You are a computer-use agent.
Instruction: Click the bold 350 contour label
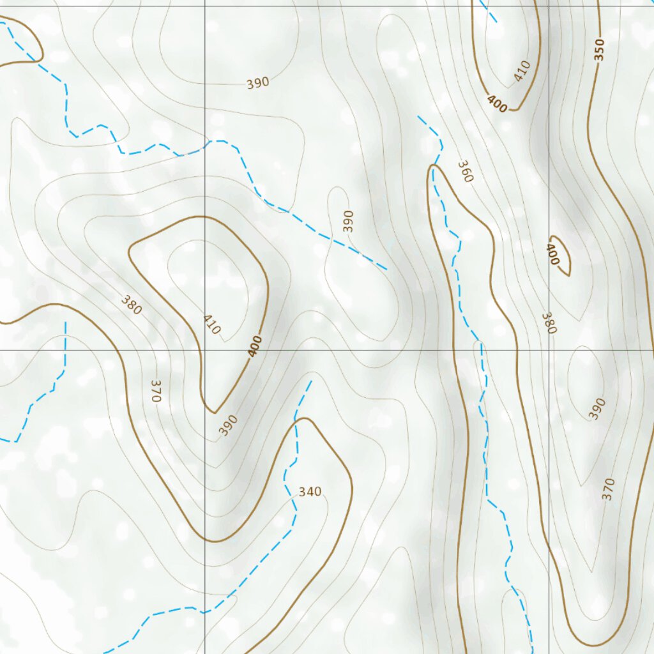coord(598,50)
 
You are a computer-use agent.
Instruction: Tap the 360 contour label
coord(466,171)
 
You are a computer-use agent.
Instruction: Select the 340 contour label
coord(310,492)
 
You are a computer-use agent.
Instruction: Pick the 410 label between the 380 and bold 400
coord(211,324)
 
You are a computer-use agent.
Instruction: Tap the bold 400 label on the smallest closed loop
coord(553,254)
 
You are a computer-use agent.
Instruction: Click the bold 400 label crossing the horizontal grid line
coord(255,346)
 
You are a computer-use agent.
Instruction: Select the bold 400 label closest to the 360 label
coord(496,103)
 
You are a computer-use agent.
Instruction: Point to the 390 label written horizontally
coord(257,83)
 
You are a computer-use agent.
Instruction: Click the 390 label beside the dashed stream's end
coord(348,221)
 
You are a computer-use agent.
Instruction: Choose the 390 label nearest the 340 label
coord(228,425)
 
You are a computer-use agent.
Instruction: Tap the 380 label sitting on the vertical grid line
coord(549,323)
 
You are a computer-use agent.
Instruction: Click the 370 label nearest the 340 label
coord(155,390)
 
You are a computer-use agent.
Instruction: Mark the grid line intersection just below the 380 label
coord(549,350)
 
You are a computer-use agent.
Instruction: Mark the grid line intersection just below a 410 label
coord(204,350)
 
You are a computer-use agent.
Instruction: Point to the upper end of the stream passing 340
coord(311,381)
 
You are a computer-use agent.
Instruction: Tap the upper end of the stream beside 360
coord(418,116)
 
